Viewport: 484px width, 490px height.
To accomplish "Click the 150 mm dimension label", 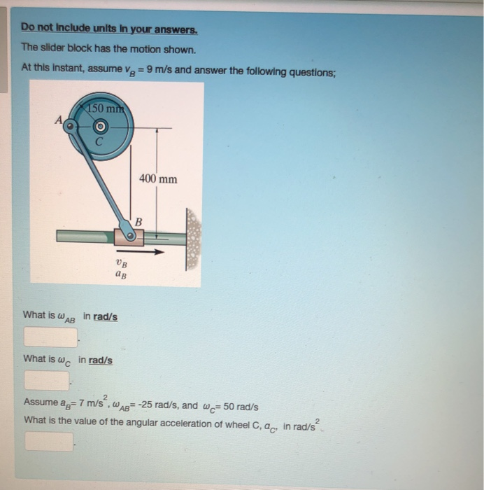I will [104, 108].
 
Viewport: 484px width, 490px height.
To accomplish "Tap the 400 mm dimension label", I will [157, 179].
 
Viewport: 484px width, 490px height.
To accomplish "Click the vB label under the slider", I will [122, 264].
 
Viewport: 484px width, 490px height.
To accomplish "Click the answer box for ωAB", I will [50, 337].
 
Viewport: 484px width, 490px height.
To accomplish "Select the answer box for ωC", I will [47, 380].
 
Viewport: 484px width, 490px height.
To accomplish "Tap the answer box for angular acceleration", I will [50, 442].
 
